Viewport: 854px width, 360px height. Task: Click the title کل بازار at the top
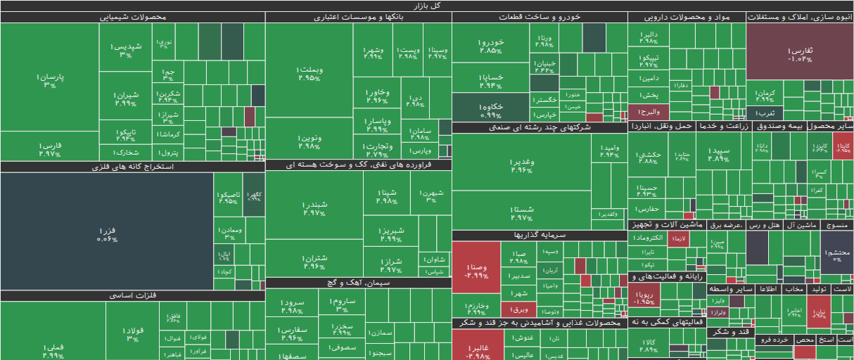point(427,6)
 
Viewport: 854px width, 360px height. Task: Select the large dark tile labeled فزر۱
point(107,231)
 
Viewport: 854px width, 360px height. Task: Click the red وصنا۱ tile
point(475,271)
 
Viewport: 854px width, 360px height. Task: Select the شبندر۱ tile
point(314,208)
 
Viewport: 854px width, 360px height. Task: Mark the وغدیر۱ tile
point(521,166)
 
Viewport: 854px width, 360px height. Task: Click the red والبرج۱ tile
point(647,112)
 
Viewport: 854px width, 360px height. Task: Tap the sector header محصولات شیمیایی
point(133,17)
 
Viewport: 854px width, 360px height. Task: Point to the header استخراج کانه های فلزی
point(133,167)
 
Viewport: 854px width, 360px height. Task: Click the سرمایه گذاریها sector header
point(540,235)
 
